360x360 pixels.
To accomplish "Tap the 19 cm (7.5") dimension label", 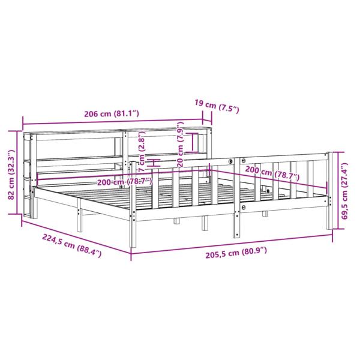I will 217,107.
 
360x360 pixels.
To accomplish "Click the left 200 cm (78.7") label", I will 125,181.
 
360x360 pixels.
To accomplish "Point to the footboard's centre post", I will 235,198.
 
